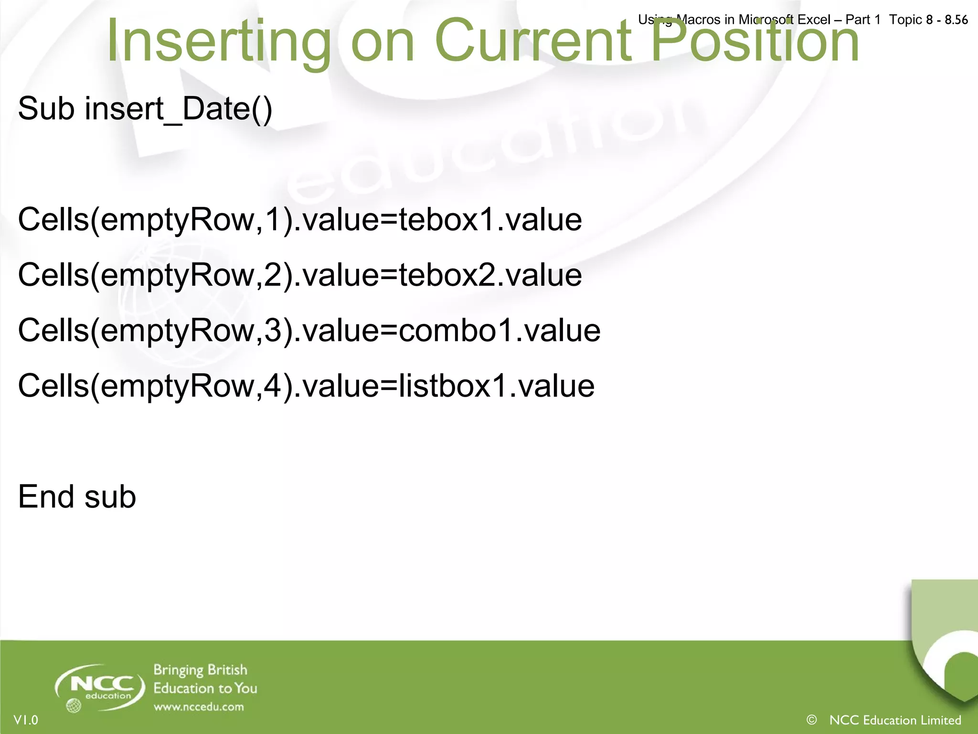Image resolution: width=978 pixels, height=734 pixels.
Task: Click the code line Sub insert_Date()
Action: coord(145,109)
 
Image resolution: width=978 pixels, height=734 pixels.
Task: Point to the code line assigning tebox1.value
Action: coord(300,220)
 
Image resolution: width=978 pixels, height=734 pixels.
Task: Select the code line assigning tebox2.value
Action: coord(300,275)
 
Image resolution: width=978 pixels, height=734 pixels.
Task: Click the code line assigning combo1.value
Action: coord(309,331)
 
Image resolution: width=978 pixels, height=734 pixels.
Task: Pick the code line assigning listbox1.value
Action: coord(306,386)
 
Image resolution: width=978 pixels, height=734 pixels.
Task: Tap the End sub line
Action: coord(77,497)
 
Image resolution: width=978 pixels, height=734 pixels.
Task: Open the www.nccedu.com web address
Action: coord(199,707)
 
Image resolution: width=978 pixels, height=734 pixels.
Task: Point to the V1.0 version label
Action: coord(26,720)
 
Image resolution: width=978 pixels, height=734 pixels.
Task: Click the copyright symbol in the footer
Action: coord(811,720)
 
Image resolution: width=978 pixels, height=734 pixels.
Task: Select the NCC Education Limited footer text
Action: coord(895,720)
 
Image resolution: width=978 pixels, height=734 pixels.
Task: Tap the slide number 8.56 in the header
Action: coord(956,20)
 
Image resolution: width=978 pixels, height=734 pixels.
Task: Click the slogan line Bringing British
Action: coord(200,670)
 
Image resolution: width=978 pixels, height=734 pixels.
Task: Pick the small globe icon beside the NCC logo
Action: coord(73,705)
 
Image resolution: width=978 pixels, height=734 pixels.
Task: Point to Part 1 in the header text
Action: coord(862,20)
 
